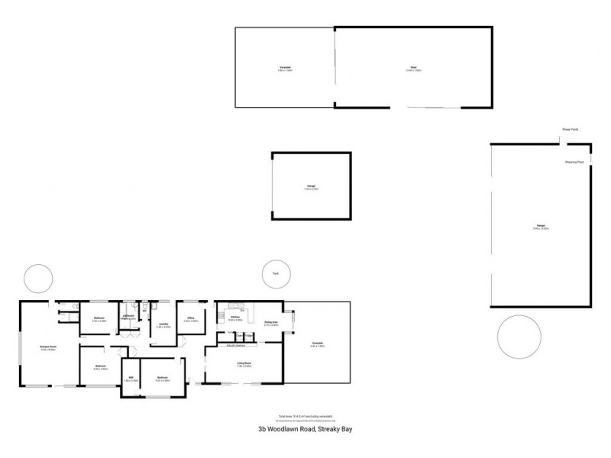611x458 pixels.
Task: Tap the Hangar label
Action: click(540, 227)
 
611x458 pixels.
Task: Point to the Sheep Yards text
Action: click(570, 130)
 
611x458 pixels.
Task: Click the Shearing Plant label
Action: click(574, 162)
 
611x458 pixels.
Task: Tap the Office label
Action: click(191, 318)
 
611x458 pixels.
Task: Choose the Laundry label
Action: click(163, 324)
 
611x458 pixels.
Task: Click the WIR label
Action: click(131, 377)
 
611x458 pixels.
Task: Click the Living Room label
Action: click(244, 363)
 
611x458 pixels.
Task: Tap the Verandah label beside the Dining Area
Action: click(318, 343)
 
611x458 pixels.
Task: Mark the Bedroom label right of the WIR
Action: click(163, 377)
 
